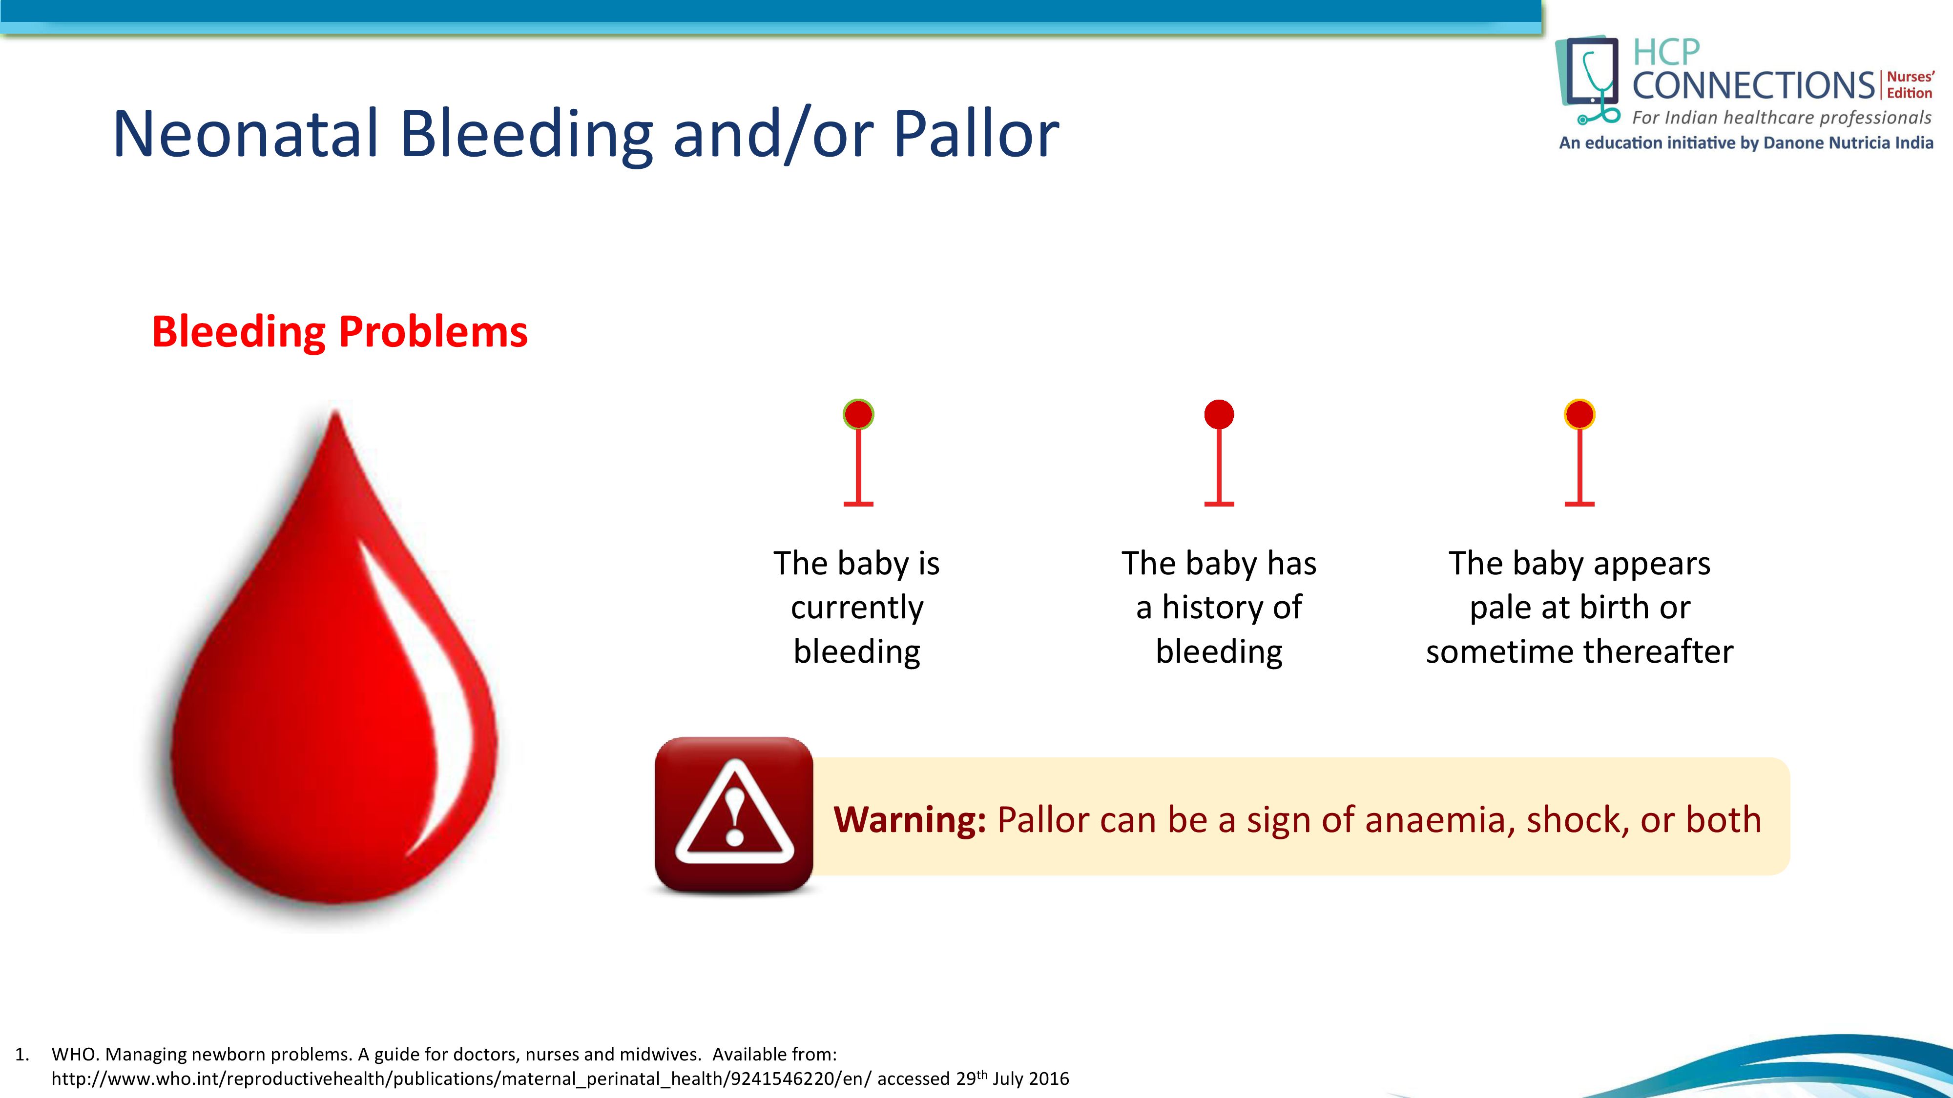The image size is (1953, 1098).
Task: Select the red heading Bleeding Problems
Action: [x=340, y=332]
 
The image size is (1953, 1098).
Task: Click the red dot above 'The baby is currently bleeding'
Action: [x=858, y=414]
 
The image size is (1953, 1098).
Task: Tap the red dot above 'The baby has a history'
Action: [x=1219, y=414]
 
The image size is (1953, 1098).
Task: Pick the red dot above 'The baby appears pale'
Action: [x=1579, y=414]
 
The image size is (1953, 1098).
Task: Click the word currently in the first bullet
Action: [x=857, y=608]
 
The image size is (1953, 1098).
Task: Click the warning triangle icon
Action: [x=734, y=814]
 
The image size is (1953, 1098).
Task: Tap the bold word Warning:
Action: [x=910, y=820]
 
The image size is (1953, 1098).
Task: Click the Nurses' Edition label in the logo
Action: [x=1910, y=85]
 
